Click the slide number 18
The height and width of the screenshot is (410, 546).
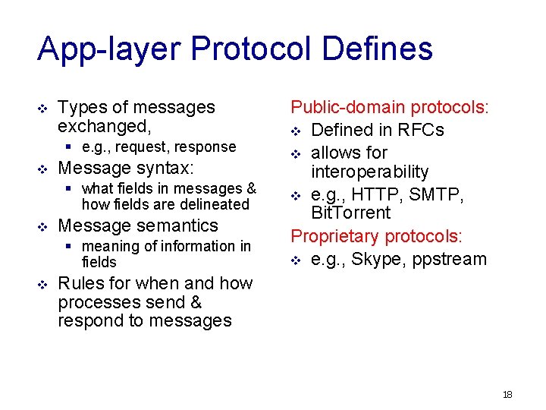tap(507, 395)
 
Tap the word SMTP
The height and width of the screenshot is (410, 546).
tap(443, 195)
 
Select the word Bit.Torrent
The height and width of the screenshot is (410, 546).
tap(350, 213)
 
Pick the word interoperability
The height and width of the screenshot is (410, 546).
tap(369, 172)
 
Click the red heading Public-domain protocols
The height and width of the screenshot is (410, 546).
tap(390, 108)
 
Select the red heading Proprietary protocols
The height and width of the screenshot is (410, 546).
tap(376, 236)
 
